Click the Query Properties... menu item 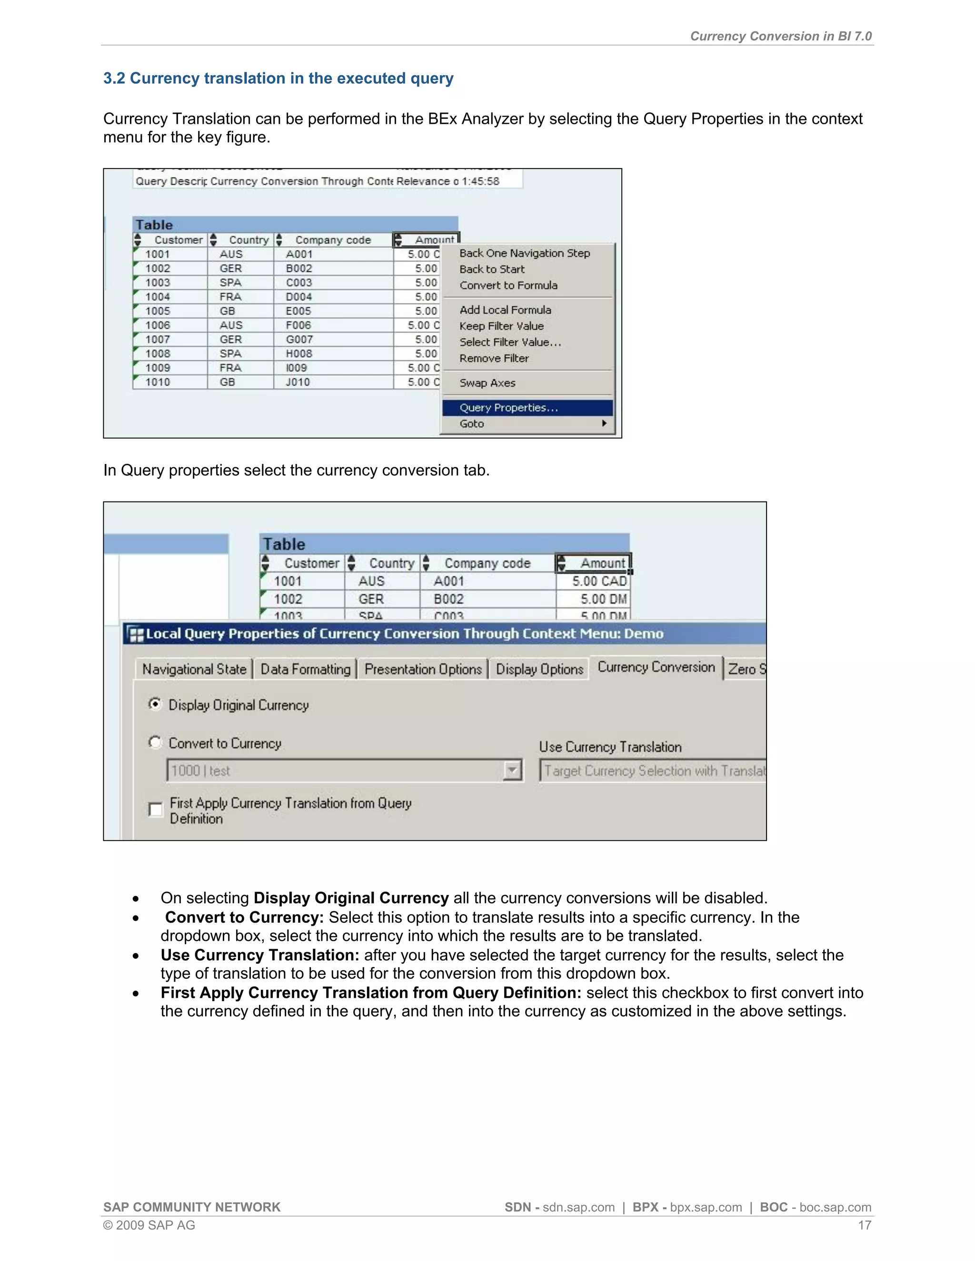pos(508,408)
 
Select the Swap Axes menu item pos(487,383)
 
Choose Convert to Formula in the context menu pos(508,285)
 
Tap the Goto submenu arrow pos(604,423)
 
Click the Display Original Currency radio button pos(155,704)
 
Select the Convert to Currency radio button pos(155,742)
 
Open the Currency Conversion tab pos(656,668)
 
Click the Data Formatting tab pos(305,669)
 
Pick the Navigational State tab pos(194,669)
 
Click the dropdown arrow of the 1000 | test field pos(512,770)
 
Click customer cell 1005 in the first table pos(158,311)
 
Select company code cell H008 pos(298,354)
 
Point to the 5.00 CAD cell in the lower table pos(598,581)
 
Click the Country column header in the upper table pos(249,240)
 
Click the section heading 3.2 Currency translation pos(279,78)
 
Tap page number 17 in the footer pos(864,1225)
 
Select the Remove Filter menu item pos(494,358)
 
